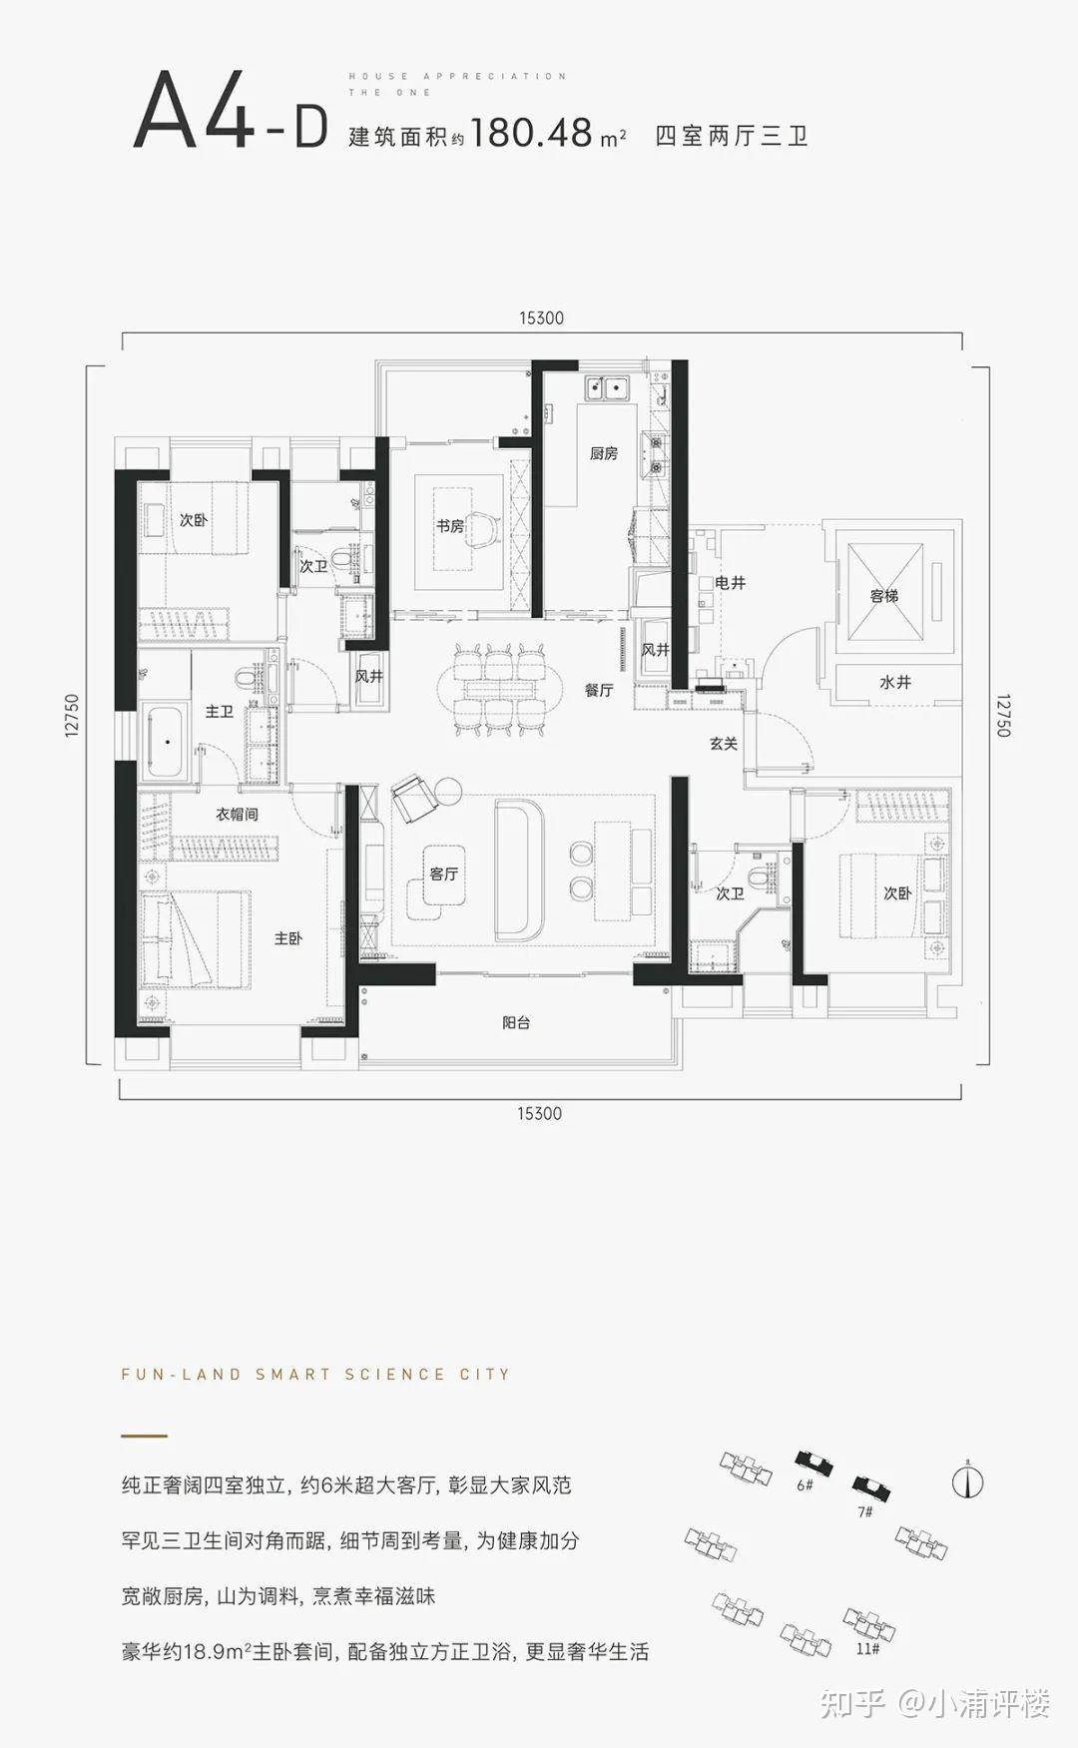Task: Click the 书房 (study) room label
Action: [x=450, y=525]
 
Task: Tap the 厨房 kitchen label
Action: [x=603, y=453]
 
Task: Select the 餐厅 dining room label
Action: [x=599, y=690]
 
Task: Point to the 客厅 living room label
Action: [x=444, y=874]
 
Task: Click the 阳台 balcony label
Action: [x=516, y=1022]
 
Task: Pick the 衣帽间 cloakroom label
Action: [x=238, y=814]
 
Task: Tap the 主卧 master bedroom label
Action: [x=288, y=938]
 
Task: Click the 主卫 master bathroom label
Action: [x=220, y=712]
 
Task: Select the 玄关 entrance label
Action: [x=724, y=743]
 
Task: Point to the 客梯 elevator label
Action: [x=884, y=596]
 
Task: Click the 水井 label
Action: [x=895, y=682]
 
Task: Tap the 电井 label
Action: [x=731, y=582]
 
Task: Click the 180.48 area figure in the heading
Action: [x=532, y=132]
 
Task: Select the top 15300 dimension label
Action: [x=541, y=318]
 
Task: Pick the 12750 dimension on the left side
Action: [x=71, y=716]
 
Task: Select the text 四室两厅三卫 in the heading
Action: [x=732, y=136]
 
